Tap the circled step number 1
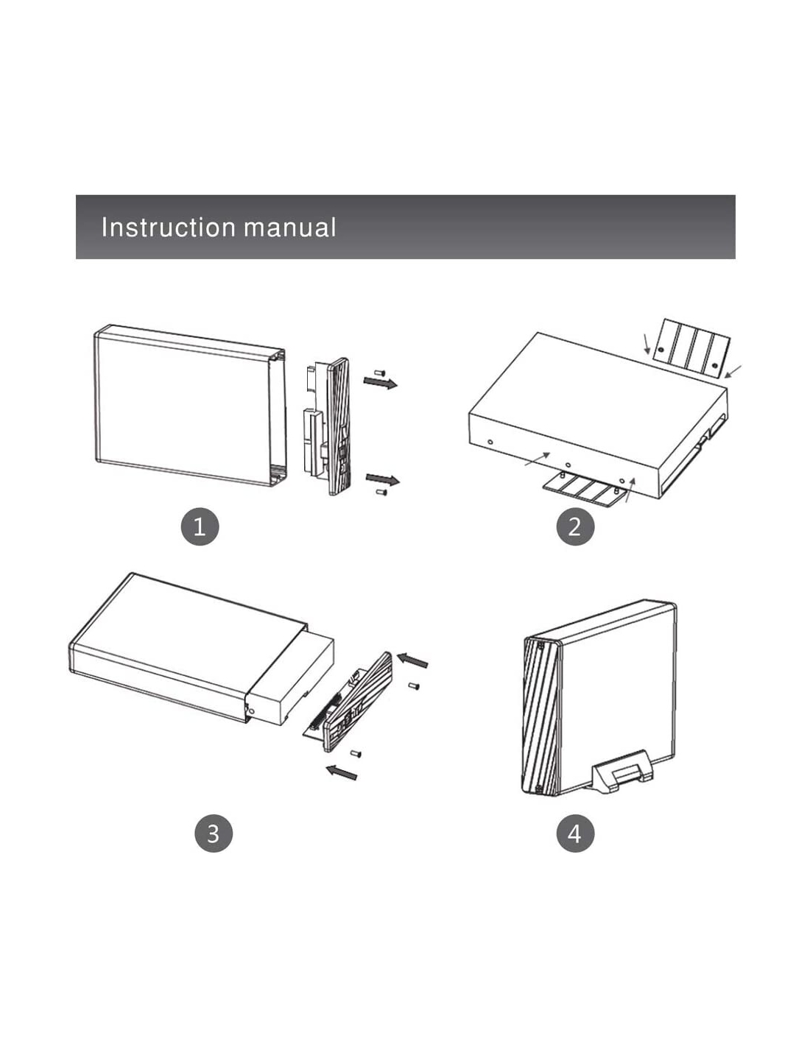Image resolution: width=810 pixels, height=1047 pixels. point(200,526)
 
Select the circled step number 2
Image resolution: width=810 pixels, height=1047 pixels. point(574,526)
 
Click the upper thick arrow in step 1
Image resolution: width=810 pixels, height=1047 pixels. point(380,382)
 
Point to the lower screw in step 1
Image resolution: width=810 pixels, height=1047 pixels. point(381,491)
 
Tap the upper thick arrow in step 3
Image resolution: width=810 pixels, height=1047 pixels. point(412,659)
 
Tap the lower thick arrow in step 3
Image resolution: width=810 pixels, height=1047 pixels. point(342,772)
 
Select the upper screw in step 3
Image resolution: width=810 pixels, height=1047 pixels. point(414,686)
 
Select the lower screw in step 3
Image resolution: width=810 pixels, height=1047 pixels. point(356,753)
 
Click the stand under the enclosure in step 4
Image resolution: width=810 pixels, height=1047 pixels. point(622,773)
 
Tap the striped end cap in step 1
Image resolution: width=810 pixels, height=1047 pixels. point(339,427)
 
